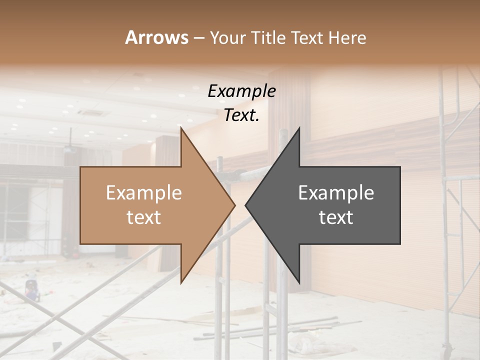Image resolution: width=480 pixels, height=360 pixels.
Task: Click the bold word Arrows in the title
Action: pos(156,37)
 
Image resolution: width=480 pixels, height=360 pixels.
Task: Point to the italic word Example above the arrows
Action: pos(241,91)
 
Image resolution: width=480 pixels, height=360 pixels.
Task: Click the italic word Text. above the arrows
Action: pos(241,115)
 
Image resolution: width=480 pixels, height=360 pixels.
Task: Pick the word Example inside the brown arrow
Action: pos(143,192)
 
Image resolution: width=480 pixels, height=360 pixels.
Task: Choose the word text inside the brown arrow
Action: pos(143,217)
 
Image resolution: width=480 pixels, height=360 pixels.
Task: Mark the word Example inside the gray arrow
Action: pos(336,192)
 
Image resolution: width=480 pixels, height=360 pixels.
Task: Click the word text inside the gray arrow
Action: pos(336,217)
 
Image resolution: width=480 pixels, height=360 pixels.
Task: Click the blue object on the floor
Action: pos(32,290)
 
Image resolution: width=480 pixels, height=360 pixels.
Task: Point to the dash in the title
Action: pos(198,38)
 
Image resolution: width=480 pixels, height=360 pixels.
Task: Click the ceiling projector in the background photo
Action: pos(70,148)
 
